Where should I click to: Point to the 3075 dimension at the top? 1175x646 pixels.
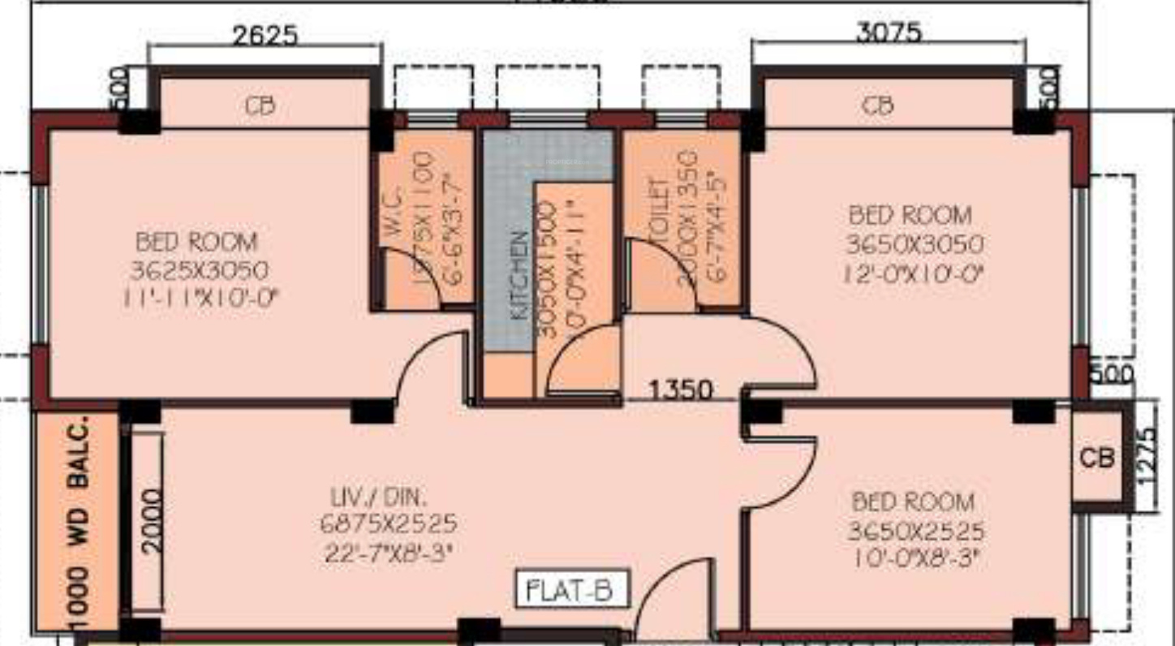pyautogui.click(x=889, y=32)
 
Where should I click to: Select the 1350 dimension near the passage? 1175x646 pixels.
pyautogui.click(x=681, y=390)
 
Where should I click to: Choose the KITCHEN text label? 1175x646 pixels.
pyautogui.click(x=520, y=276)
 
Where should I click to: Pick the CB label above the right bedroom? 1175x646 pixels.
pyautogui.click(x=878, y=106)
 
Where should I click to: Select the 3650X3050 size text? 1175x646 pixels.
pyautogui.click(x=915, y=244)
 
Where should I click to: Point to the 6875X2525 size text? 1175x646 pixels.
pyautogui.click(x=388, y=523)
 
